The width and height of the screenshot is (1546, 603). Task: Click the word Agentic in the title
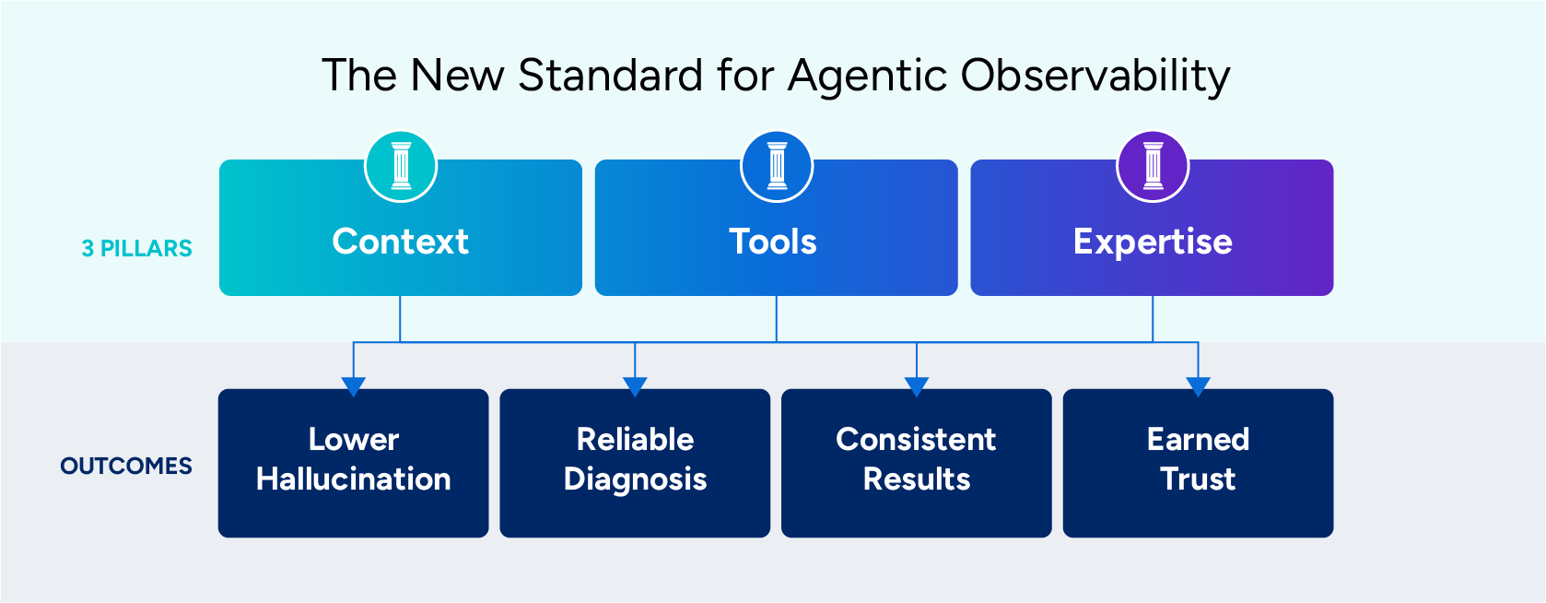[867, 77]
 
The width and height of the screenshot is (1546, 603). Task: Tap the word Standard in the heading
[611, 76]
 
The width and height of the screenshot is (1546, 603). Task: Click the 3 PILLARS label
[137, 249]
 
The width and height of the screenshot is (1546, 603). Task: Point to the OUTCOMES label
[126, 467]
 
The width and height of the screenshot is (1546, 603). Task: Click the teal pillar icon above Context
[401, 166]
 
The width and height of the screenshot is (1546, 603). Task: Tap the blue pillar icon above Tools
[777, 166]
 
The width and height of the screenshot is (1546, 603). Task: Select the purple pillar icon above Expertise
[1153, 166]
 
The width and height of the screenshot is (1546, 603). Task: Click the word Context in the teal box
[401, 242]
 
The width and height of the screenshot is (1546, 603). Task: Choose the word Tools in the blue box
[773, 242]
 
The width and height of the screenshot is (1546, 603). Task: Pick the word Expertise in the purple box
[1153, 242]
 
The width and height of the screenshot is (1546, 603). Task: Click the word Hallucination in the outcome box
[354, 479]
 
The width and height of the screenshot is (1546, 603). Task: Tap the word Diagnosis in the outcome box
[635, 479]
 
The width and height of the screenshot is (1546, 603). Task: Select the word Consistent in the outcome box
[916, 440]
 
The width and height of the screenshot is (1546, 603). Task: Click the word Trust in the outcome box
[1198, 479]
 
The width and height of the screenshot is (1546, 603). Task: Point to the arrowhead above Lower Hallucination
[354, 385]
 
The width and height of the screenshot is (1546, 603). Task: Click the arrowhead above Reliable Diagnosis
[635, 385]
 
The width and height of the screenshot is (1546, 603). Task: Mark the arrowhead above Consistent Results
[917, 385]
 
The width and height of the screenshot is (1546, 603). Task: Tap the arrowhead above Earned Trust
[1198, 385]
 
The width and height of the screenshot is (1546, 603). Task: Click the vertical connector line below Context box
[400, 318]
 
